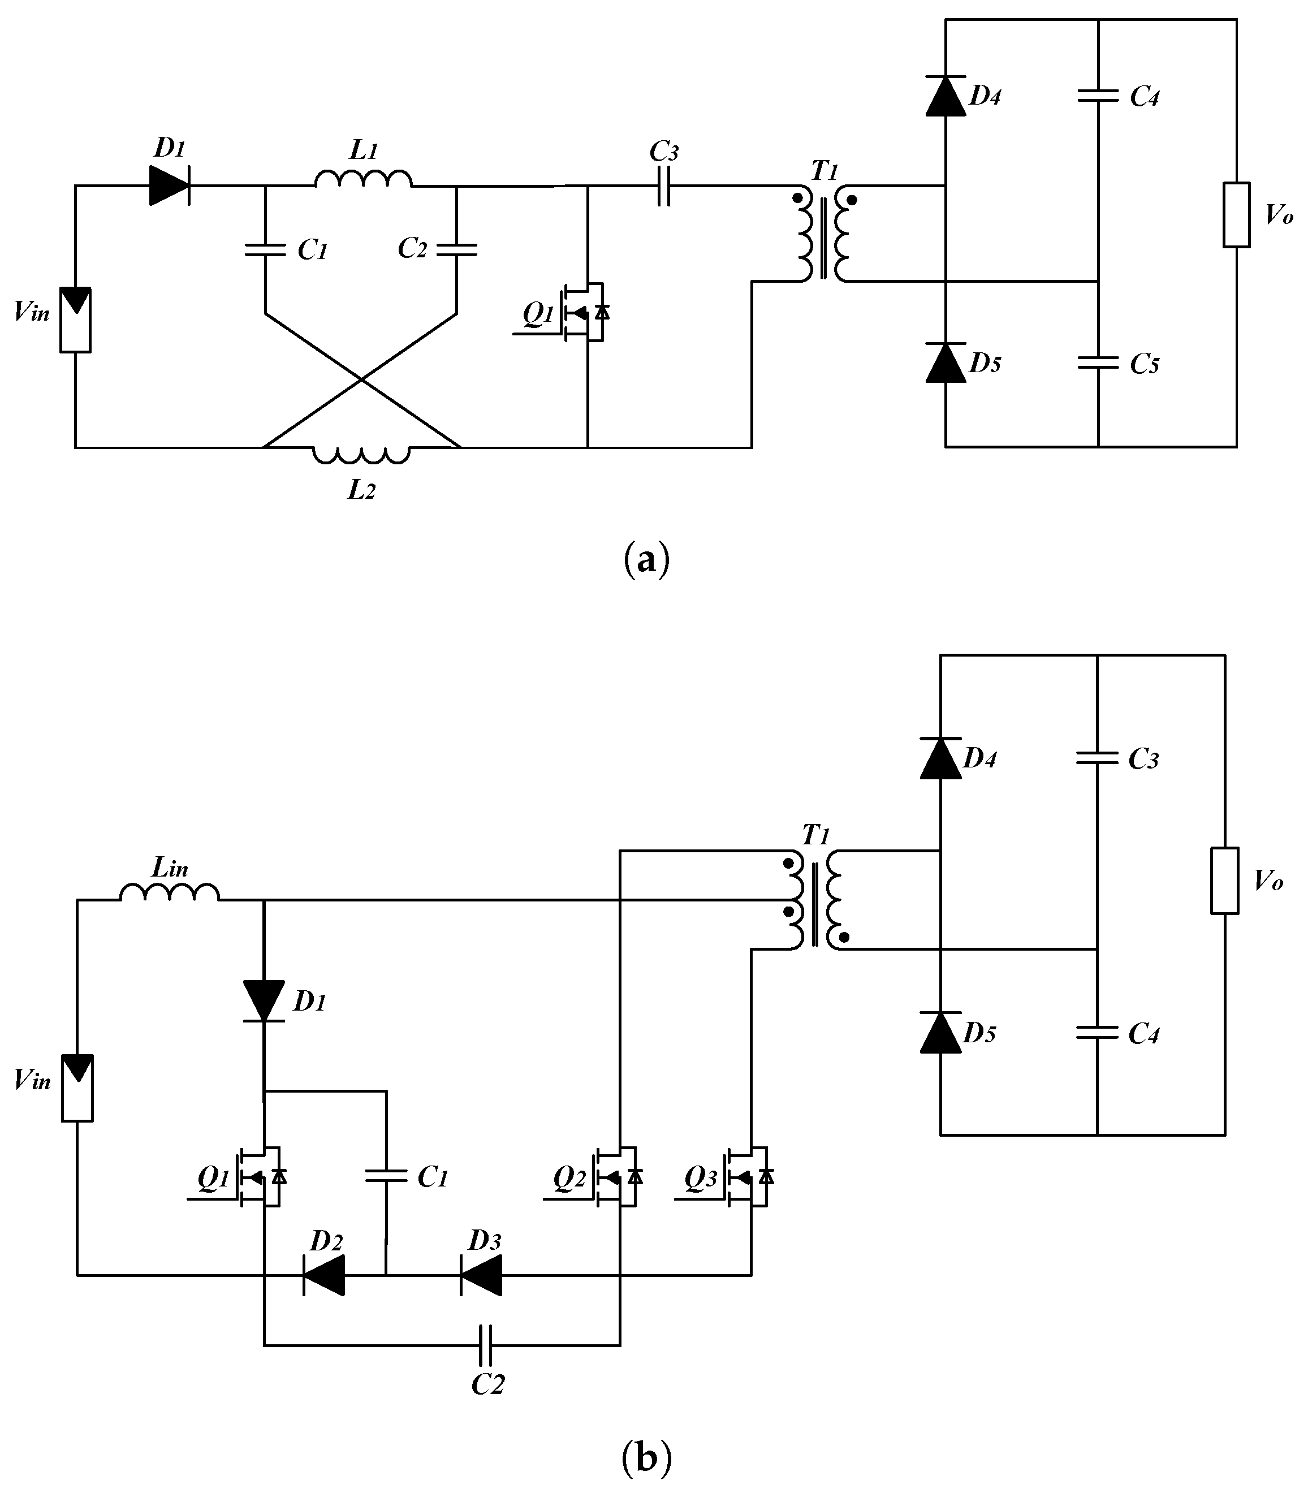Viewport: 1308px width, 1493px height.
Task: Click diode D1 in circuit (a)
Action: point(169,185)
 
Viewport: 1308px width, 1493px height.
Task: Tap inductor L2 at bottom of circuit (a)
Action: point(361,454)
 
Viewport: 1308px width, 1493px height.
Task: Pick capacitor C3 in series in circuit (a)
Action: point(663,186)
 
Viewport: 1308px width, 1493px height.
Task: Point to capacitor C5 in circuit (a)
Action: point(1098,362)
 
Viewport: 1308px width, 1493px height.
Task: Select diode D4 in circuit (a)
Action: point(946,96)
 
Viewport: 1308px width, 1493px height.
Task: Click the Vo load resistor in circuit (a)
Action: point(1237,215)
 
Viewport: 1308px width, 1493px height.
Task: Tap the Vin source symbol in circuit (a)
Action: point(75,319)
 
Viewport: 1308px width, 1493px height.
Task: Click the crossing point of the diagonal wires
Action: point(361,379)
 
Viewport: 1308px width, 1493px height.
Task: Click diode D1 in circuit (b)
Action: point(264,1001)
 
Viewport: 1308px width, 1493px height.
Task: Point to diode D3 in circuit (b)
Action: point(481,1275)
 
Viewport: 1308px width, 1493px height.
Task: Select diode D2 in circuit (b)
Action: point(323,1275)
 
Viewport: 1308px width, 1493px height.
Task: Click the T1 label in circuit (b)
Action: point(815,835)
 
